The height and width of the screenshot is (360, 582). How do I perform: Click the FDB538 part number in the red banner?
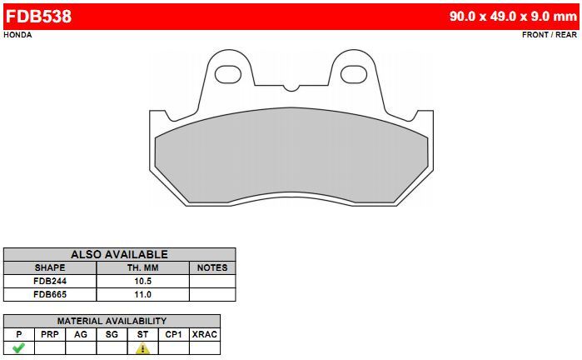[x=38, y=17]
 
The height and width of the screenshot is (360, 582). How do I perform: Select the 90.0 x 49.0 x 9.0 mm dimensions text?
[x=513, y=17]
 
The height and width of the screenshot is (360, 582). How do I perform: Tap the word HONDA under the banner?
[x=17, y=35]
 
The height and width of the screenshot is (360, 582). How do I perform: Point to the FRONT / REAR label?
[x=550, y=35]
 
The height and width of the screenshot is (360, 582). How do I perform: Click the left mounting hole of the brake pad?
[x=228, y=74]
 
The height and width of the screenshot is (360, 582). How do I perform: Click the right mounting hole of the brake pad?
[x=354, y=74]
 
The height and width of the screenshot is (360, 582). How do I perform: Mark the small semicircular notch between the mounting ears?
[x=291, y=88]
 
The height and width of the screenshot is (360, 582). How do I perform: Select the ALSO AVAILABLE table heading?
[x=119, y=254]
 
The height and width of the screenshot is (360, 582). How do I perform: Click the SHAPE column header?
[x=50, y=267]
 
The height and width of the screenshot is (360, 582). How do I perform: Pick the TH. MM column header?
[x=143, y=267]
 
